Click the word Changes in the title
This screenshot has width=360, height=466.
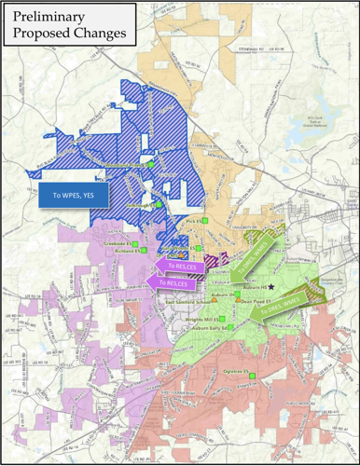[x=104, y=36]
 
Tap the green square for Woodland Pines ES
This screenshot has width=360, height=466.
[x=150, y=167]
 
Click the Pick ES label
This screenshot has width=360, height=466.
[x=192, y=221]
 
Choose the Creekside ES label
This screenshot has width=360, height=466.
[x=117, y=242]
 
